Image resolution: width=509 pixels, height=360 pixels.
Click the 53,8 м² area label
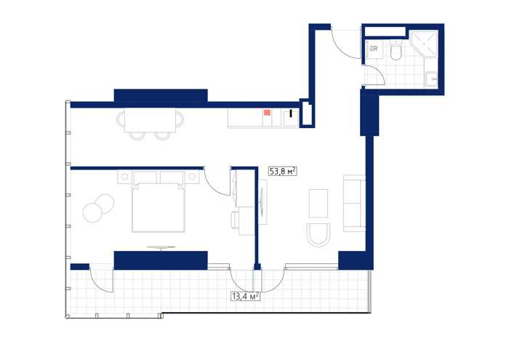pos(283,171)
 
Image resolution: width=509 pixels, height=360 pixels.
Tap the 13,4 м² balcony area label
pos(246,296)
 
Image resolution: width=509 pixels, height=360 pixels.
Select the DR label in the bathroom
pos(374,49)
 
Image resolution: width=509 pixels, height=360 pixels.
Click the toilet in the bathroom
pos(396,50)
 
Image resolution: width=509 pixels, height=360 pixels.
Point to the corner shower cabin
pos(425,44)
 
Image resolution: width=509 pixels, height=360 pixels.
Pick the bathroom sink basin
pos(432,79)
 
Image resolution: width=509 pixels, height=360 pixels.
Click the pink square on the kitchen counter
pos(267,112)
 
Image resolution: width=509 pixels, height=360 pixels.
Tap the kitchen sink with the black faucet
pos(291,118)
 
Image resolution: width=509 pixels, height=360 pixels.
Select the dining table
pos(151,120)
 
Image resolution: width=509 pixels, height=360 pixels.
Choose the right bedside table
pos(192,177)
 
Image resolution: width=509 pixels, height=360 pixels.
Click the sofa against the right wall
pos(354,203)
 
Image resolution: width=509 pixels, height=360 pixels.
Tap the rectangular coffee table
pos(318,203)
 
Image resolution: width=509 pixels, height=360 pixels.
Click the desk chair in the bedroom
pos(235,220)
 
